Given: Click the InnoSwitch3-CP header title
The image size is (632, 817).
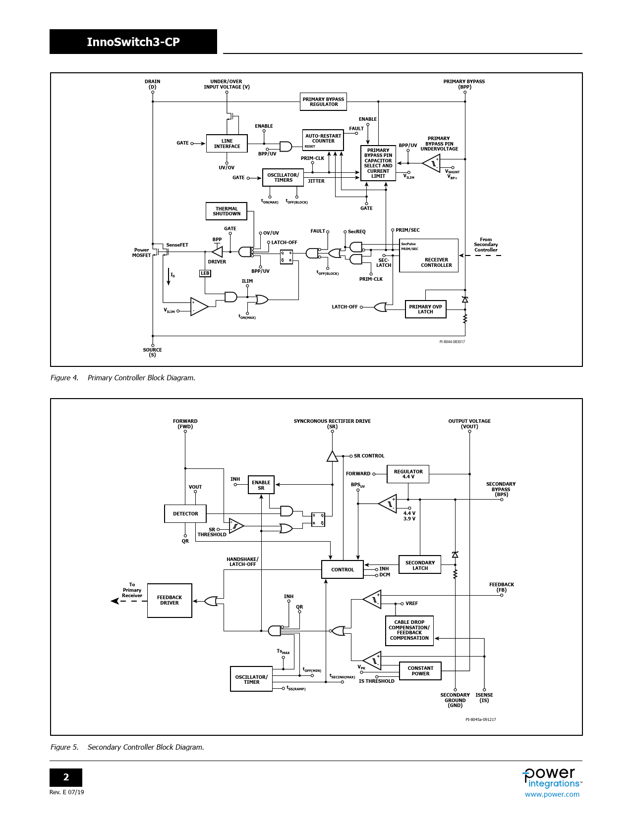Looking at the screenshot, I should [133, 42].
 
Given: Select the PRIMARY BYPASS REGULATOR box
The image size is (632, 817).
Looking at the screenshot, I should [323, 102].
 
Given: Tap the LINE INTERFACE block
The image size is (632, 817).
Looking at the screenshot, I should [227, 144].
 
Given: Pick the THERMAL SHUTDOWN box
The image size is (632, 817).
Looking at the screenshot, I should [227, 211].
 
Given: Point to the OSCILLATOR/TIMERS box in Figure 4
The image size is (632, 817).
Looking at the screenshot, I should [283, 178].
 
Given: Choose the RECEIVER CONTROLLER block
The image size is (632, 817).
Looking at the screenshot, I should [429, 255].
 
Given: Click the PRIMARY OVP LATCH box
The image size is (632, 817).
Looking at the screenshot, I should [425, 309].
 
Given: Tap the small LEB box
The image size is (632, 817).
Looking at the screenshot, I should [205, 273].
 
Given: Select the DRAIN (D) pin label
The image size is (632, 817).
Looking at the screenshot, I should [153, 84].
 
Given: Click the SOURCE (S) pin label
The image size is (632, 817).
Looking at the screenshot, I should [153, 352].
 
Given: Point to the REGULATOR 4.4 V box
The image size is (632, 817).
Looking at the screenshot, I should [408, 474].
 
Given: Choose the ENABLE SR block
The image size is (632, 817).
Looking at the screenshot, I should [261, 485].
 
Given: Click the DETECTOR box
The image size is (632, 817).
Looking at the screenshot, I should [185, 514].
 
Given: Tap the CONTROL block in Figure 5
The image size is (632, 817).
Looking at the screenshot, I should [343, 569].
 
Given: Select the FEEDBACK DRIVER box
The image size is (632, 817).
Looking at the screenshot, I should [170, 600].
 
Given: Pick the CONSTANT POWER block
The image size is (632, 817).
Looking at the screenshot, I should [420, 671].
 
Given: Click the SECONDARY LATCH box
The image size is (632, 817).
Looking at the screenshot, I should [420, 564].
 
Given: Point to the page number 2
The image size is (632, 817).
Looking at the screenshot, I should [66, 777].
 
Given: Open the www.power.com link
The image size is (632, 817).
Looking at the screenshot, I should [552, 794].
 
